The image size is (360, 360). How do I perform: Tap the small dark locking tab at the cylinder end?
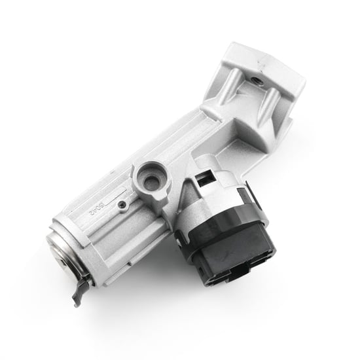click(x=80, y=289)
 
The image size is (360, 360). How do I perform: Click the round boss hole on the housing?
click(x=153, y=179)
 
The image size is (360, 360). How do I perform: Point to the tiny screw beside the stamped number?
click(x=122, y=204)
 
